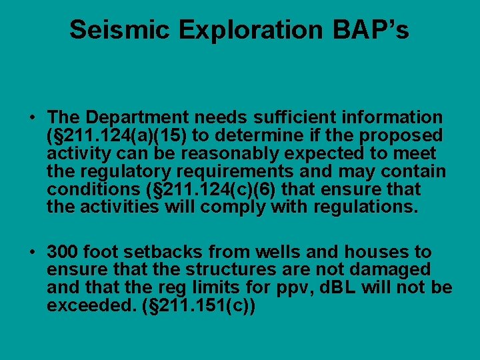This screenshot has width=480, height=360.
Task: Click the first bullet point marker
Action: click(32, 118)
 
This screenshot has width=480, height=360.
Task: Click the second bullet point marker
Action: click(32, 253)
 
